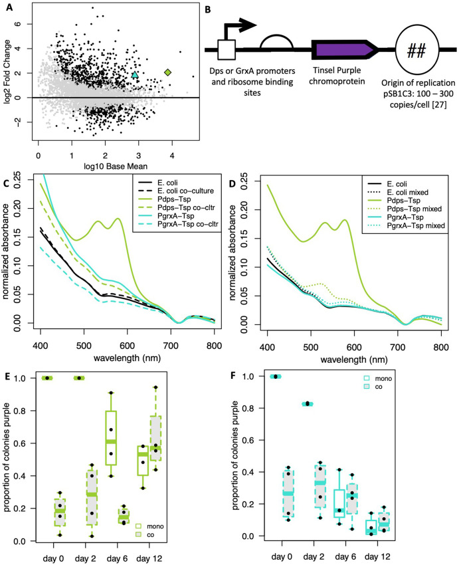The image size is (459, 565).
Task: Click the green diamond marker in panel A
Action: (x=167, y=72)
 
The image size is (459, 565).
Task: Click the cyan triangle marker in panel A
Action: (x=135, y=75)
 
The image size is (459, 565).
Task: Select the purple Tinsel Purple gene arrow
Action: (x=345, y=49)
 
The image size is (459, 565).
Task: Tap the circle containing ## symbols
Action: (x=417, y=50)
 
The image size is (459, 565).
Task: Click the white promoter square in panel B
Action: (x=227, y=50)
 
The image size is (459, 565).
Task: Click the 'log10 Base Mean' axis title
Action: (x=116, y=166)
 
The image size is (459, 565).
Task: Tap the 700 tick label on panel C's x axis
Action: (x=171, y=346)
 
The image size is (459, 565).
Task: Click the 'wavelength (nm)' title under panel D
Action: (x=354, y=359)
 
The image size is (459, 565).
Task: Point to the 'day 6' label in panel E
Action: (x=117, y=558)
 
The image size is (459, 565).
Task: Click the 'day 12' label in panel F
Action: (x=377, y=557)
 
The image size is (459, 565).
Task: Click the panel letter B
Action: (x=208, y=9)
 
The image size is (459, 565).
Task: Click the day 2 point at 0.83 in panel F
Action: (x=308, y=403)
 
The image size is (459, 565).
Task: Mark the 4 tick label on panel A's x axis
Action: (x=172, y=156)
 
